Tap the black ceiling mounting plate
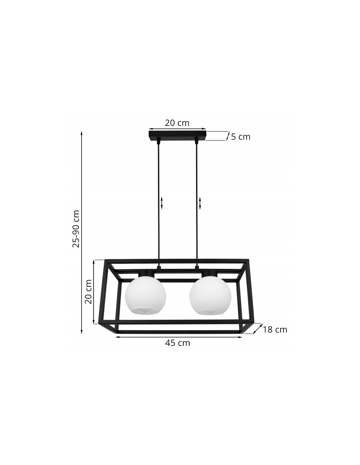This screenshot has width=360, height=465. click(177, 136)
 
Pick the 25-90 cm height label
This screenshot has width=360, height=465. click(76, 229)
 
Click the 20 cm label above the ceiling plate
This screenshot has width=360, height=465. click(177, 123)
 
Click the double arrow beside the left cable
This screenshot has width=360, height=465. click(162, 203)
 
